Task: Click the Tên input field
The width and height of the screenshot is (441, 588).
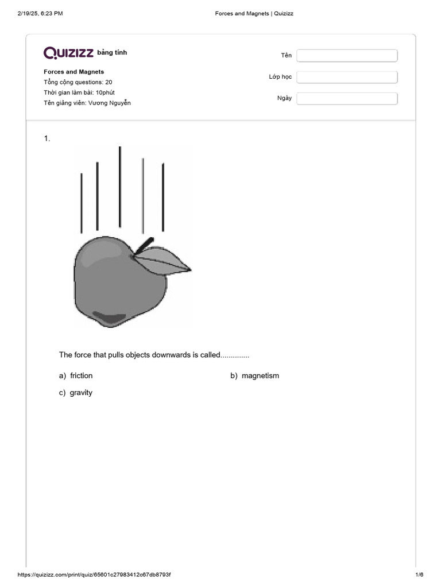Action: [347, 55]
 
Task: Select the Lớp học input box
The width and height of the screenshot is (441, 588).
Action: [347, 77]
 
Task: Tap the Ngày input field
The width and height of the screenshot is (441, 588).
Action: [347, 98]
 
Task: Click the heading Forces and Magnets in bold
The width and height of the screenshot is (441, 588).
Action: [74, 72]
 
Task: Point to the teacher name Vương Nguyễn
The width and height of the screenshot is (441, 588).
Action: [113, 103]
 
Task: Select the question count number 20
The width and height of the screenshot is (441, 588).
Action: [109, 82]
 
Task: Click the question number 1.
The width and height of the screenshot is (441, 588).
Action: [47, 138]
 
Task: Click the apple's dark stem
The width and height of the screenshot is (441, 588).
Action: [144, 246]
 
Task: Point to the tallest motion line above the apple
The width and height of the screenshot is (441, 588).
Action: [120, 187]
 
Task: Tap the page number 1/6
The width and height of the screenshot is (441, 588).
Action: [419, 575]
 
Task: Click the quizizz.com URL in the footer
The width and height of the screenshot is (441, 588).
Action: [94, 575]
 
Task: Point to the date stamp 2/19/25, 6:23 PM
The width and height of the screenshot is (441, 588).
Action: [40, 13]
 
